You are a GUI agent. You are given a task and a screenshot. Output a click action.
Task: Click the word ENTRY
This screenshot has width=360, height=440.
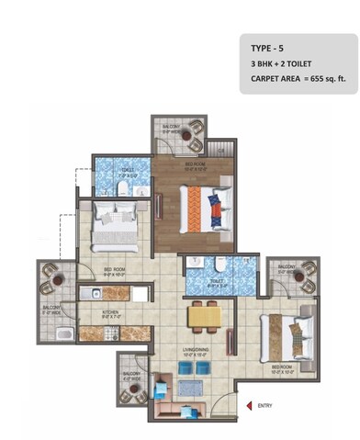pyautogui.click(x=265, y=405)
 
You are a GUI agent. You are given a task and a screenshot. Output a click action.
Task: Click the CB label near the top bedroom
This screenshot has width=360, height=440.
pyautogui.click(x=219, y=147)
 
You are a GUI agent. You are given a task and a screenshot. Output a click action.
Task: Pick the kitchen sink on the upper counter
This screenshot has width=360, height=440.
pyautogui.click(x=94, y=294)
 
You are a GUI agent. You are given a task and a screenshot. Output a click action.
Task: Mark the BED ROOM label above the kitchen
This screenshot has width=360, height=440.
pyautogui.click(x=112, y=269)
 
